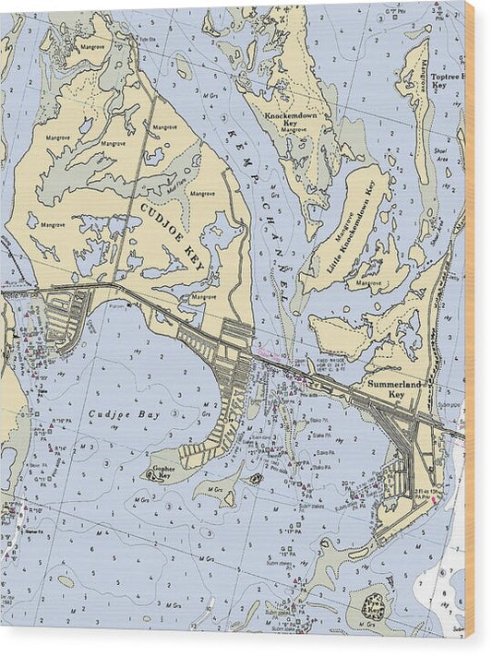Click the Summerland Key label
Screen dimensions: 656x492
[x=385, y=388]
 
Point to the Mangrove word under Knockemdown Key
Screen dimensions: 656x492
[x=294, y=130]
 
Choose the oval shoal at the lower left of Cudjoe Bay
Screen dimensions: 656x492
[x=66, y=580]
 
